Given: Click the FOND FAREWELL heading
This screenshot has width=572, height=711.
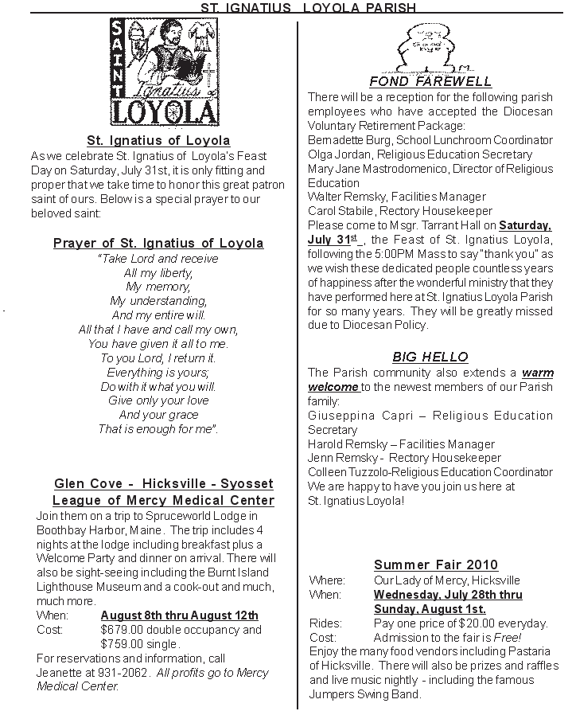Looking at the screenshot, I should pyautogui.click(x=430, y=82).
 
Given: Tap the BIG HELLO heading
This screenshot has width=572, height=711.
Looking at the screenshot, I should pyautogui.click(x=430, y=357).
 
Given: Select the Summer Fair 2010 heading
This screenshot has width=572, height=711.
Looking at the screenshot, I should pyautogui.click(x=436, y=565).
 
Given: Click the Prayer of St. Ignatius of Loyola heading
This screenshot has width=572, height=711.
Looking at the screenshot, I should pyautogui.click(x=158, y=243).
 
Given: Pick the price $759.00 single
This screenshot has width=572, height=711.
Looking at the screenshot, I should pyautogui.click(x=140, y=643).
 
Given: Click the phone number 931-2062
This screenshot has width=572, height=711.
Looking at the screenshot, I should pyautogui.click(x=119, y=672).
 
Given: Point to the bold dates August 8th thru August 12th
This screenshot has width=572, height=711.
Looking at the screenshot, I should pyautogui.click(x=179, y=615).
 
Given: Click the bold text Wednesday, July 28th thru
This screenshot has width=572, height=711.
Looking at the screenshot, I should pyautogui.click(x=448, y=594).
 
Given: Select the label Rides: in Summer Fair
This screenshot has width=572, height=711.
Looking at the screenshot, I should pyautogui.click(x=325, y=623).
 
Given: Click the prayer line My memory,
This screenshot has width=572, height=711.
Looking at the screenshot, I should pyautogui.click(x=158, y=287).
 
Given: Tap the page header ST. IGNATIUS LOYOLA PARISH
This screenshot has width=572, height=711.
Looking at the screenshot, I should pyautogui.click(x=308, y=7).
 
